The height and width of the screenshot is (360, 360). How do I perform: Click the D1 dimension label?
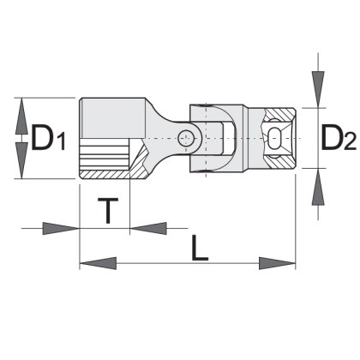[48, 138]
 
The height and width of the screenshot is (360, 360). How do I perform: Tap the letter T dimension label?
[108, 211]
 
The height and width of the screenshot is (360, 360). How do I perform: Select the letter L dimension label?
[199, 248]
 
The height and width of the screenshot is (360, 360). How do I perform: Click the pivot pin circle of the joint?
[186, 139]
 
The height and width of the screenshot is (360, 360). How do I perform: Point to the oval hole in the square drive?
[275, 138]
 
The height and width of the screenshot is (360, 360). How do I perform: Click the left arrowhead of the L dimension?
[98, 263]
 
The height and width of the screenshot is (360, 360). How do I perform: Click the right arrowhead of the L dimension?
[277, 263]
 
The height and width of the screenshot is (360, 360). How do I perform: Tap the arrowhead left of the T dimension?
[61, 228]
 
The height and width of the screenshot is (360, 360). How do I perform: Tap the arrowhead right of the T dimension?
[148, 228]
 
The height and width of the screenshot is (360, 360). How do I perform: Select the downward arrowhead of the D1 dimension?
[21, 160]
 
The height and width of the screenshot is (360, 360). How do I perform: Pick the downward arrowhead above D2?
[318, 89]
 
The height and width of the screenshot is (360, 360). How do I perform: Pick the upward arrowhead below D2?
[318, 187]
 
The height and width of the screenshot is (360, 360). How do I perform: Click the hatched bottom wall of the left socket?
[105, 175]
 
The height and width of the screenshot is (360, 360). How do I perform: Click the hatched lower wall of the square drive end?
[281, 161]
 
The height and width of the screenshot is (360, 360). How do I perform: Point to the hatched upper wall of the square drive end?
[281, 116]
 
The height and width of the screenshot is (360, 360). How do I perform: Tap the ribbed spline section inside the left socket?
[104, 154]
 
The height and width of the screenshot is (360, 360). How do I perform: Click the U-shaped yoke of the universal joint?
[216, 138]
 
